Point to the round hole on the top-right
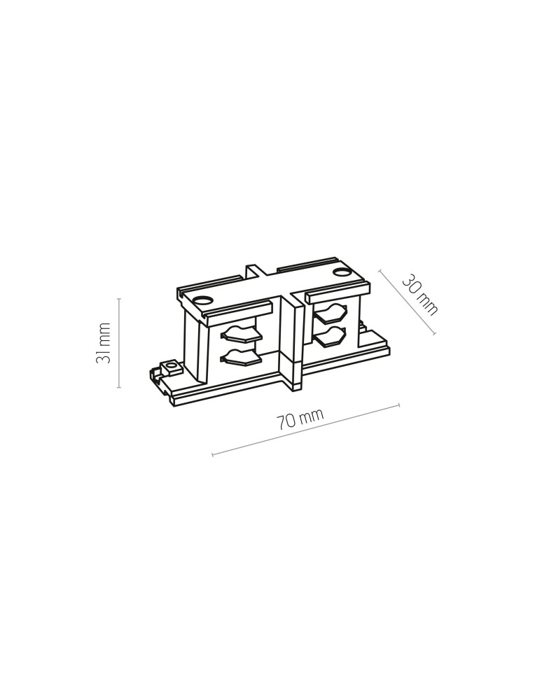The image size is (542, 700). click(343, 272)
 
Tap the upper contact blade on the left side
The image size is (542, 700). click(241, 334)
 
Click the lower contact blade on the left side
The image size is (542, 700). click(241, 357)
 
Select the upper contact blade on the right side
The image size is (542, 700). click(331, 312)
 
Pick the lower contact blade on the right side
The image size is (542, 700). click(331, 336)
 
